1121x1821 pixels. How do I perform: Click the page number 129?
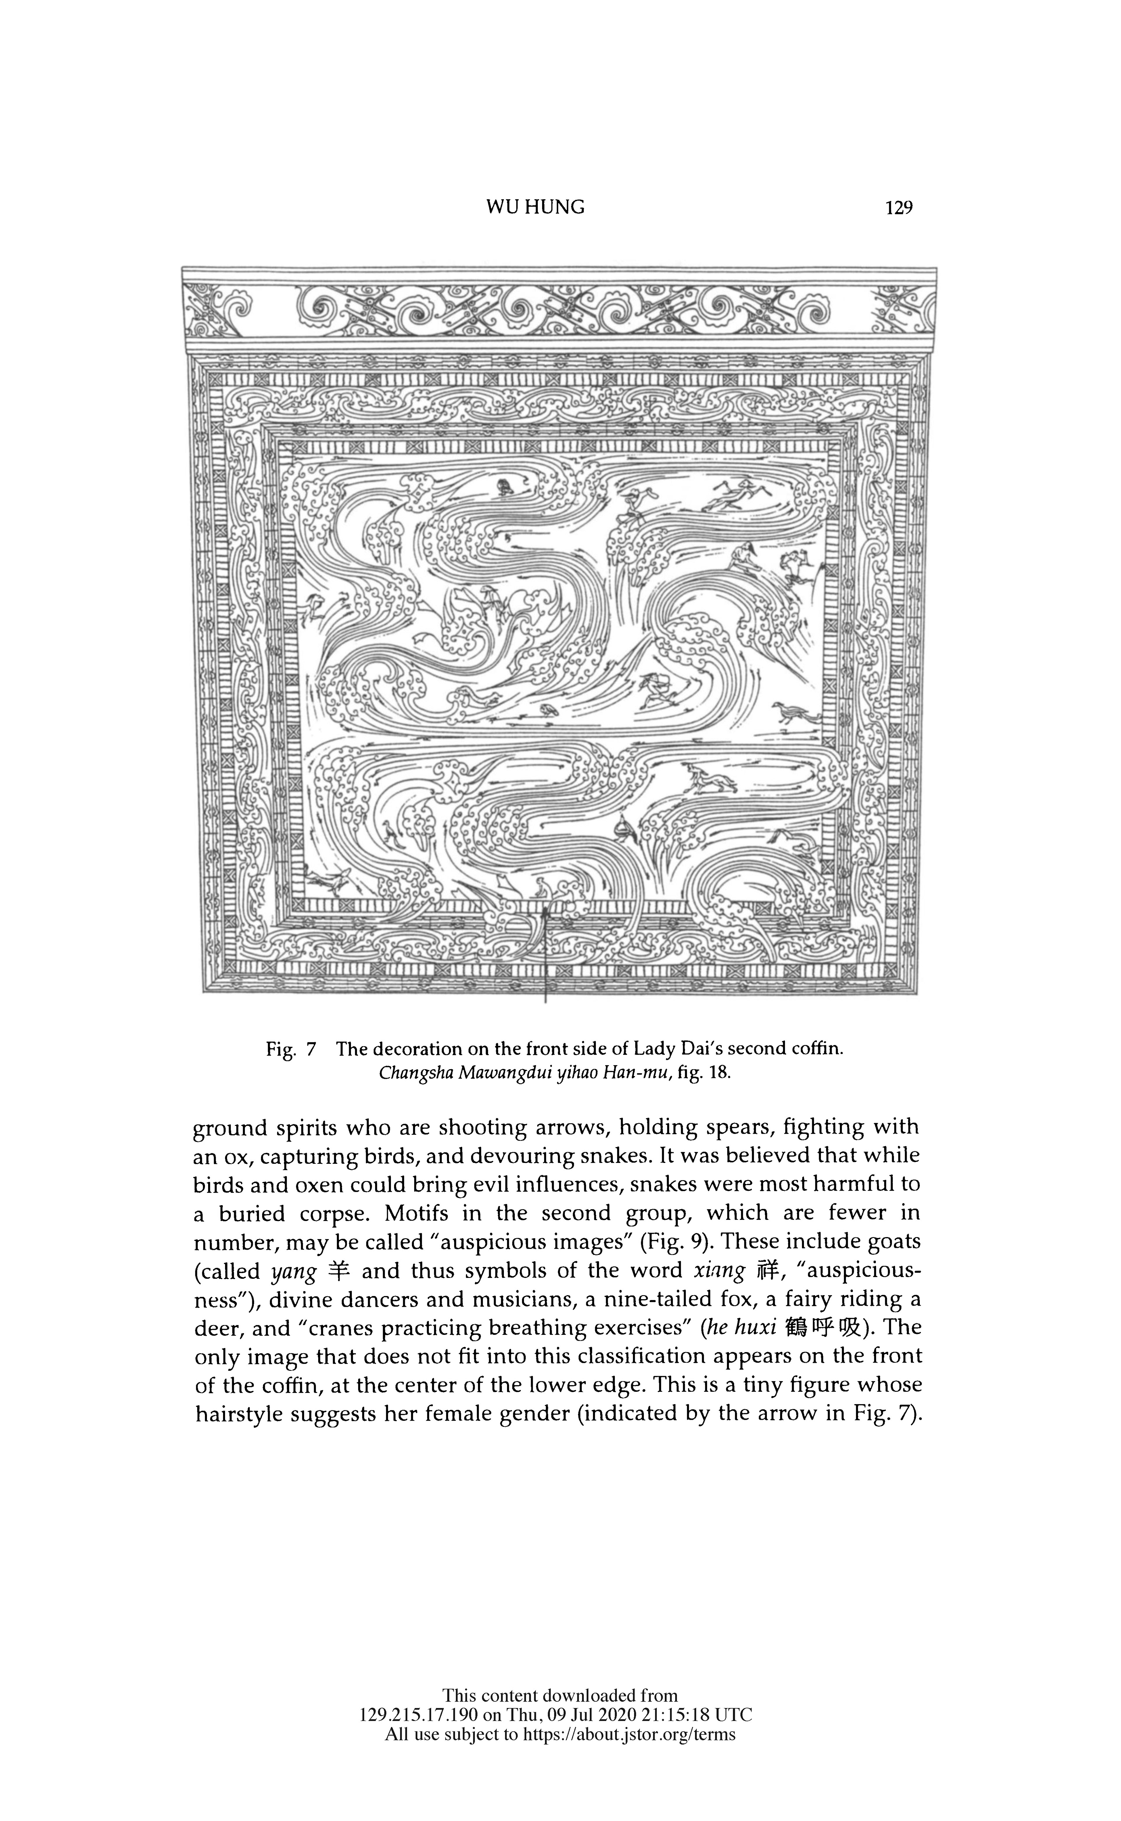point(899,208)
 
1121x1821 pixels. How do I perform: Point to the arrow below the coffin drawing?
point(546,956)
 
